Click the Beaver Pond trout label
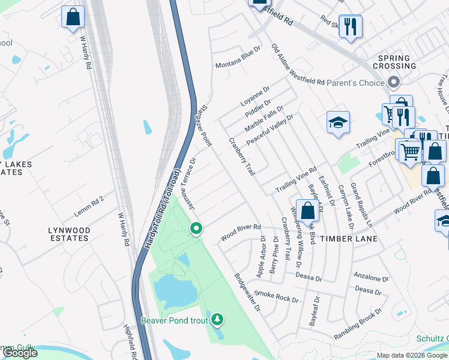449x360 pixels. pos(174,320)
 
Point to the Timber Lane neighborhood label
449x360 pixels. pos(348,239)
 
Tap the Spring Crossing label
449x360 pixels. pos(394,62)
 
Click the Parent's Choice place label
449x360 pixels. pos(355,83)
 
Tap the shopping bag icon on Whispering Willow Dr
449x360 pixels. pos(307,211)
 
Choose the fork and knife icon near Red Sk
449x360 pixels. pos(351,26)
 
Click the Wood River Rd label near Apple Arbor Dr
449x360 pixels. pos(240,232)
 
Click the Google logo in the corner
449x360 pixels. pos(20,353)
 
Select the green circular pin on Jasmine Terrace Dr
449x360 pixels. pos(196,228)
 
